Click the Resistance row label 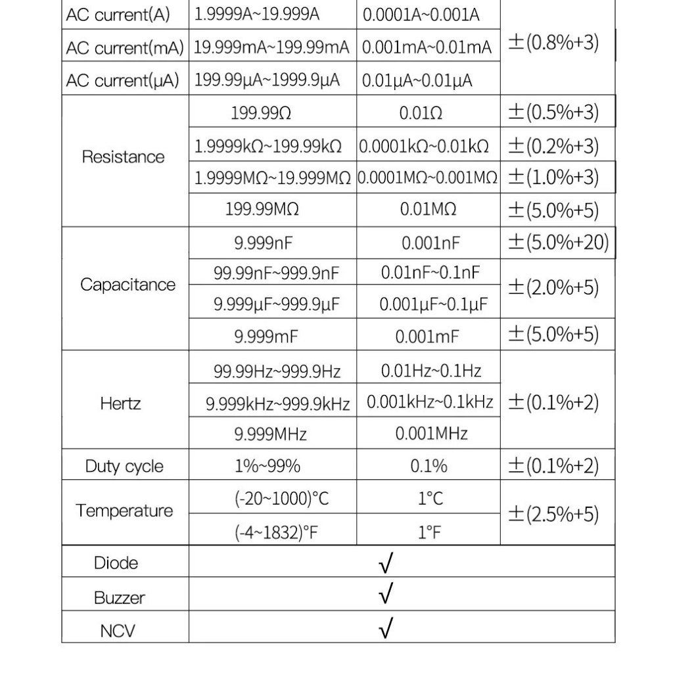[x=123, y=157]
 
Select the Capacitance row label [x=128, y=285]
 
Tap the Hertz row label [x=121, y=403]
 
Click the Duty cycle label [x=124, y=467]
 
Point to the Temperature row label [x=124, y=511]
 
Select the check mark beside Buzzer [x=386, y=595]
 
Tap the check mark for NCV [x=386, y=630]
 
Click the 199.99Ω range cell [x=261, y=113]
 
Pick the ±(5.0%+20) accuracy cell [x=558, y=243]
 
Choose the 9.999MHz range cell [x=271, y=434]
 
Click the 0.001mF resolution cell [x=427, y=336]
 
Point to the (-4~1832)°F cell [x=276, y=532]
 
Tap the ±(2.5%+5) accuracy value [x=553, y=514]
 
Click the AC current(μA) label [x=122, y=81]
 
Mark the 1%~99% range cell [x=267, y=467]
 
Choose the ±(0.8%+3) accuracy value [x=553, y=45]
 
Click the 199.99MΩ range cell [x=262, y=210]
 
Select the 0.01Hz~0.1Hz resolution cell [x=431, y=371]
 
